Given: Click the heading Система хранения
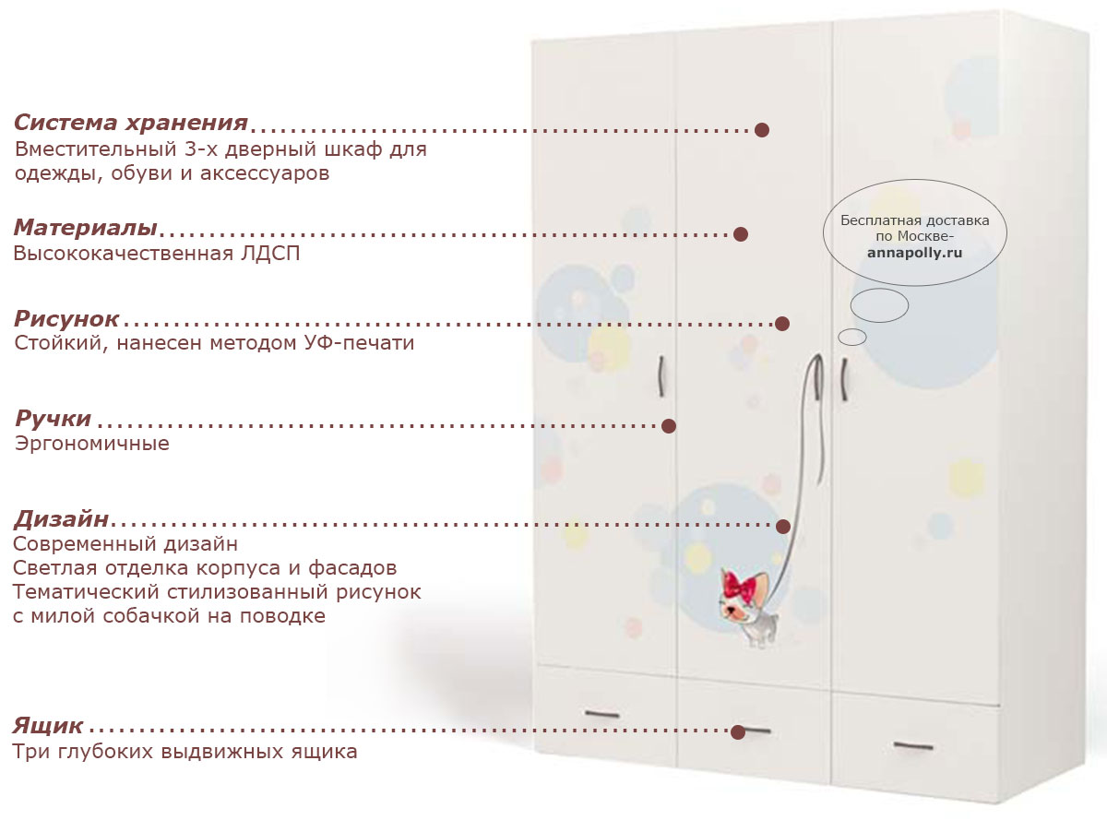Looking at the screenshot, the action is coord(131,123).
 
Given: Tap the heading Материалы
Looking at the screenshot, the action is coord(86,228).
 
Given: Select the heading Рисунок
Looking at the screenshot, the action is coord(66,318).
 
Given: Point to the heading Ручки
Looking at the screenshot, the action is coord(53,418).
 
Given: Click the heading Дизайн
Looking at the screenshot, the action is coord(61,519).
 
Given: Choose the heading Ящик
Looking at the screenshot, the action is coord(48,725).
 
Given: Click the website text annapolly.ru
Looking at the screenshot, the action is coord(914,253).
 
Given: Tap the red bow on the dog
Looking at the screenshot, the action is coord(739,585).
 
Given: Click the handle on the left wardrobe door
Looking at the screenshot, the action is coord(661,376).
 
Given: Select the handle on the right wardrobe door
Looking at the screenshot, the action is coord(844,379).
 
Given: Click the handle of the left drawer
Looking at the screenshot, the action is coord(601,714).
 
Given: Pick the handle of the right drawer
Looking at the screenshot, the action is coord(913,746).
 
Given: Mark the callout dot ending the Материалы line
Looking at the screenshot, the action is coord(741,234).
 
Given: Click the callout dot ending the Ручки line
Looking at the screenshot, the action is coord(669,426).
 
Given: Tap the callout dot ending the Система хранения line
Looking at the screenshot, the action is coord(762,130).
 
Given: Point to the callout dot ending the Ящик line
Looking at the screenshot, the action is coord(738,732).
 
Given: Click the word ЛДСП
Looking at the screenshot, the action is coord(270,254).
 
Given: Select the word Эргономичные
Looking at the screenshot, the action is coord(92,443).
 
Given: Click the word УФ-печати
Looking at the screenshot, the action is coord(359,343).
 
